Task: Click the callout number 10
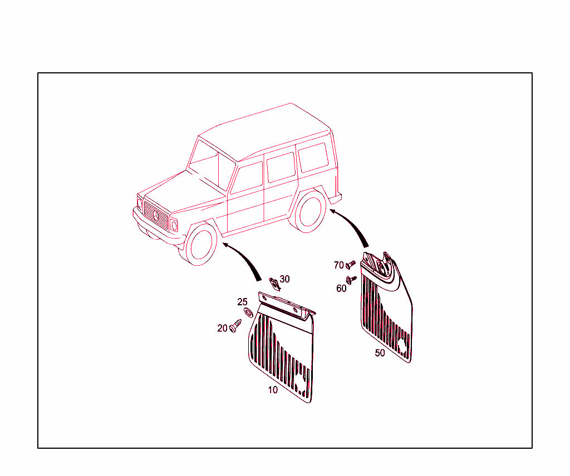coord(273,390)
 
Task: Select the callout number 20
coord(222,328)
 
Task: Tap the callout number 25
coord(242,302)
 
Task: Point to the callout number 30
coord(284,279)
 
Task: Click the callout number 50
coord(380,353)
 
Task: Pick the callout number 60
coord(341,288)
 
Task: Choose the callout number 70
coord(339,265)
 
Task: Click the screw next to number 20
coord(235,325)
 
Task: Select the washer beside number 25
coord(248,311)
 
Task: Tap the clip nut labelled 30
coord(274,284)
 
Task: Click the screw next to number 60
coord(351,280)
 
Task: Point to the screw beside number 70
coord(350,264)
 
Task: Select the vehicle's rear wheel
coord(308,211)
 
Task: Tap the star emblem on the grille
coord(156,215)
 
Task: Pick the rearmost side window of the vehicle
coord(313,157)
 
